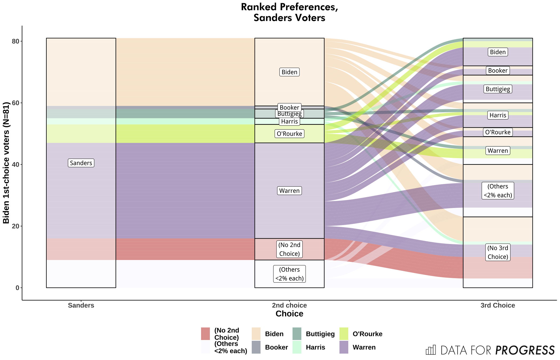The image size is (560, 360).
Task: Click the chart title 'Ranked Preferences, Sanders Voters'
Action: [x=289, y=12]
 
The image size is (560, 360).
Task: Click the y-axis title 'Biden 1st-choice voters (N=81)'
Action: [x=6, y=163]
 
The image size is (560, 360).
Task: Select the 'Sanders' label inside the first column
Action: [x=81, y=163]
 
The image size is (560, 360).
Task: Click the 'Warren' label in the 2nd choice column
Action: [x=289, y=191]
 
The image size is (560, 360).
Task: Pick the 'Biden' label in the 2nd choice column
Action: [x=289, y=72]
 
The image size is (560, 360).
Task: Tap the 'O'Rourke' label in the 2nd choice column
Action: [x=289, y=134]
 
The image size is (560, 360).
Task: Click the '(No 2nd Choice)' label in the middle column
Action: [x=289, y=249]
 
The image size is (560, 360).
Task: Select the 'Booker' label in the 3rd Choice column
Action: [x=498, y=71]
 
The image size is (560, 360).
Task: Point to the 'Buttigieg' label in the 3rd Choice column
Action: [x=498, y=89]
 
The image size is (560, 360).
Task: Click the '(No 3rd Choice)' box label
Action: [x=498, y=252]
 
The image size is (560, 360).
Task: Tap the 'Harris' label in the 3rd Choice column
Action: [x=498, y=115]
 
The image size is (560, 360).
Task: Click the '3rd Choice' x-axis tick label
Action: [x=498, y=305]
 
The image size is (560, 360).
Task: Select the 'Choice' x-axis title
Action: [x=289, y=314]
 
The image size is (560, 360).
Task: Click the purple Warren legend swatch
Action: [x=344, y=347]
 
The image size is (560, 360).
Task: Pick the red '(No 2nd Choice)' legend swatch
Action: [x=205, y=334]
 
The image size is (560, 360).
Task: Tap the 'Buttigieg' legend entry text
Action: [x=320, y=334]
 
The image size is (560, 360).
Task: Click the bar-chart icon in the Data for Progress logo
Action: [x=431, y=350]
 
